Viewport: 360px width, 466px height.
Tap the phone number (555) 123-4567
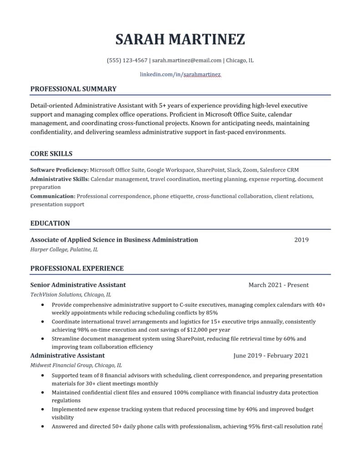(x=127, y=60)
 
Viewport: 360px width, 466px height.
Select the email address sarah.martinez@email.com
(x=187, y=60)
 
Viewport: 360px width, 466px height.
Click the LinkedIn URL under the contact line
(x=180, y=74)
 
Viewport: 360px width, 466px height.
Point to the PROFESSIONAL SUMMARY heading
(x=73, y=89)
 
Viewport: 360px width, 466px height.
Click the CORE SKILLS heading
(x=51, y=154)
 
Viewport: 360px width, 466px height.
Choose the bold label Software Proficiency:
(x=59, y=170)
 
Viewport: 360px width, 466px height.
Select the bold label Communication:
(x=53, y=196)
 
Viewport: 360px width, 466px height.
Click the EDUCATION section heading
(x=50, y=223)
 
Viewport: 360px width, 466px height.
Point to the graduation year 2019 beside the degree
(x=301, y=240)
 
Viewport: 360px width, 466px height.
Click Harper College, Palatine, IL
(x=64, y=249)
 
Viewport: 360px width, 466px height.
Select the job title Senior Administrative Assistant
(x=78, y=285)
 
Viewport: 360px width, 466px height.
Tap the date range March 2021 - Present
(x=279, y=285)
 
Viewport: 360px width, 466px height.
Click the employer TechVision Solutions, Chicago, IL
(x=71, y=294)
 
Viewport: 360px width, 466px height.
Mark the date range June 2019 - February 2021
(x=271, y=355)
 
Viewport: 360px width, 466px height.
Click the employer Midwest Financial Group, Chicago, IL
(x=76, y=365)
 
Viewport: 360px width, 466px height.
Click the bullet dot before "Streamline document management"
(x=42, y=339)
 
